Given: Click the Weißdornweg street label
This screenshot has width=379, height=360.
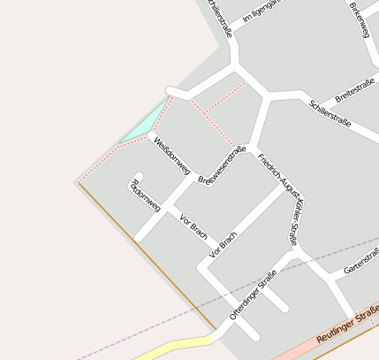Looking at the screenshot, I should [x=171, y=155].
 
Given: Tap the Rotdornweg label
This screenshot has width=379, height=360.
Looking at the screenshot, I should [x=145, y=195].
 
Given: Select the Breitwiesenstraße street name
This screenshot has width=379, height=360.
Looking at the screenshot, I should [x=222, y=165].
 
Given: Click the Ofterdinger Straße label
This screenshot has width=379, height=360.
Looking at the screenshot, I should [x=253, y=295].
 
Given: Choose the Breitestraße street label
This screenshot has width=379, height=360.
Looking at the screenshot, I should [x=355, y=89].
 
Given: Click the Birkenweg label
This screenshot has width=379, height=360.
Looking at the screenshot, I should [x=360, y=19].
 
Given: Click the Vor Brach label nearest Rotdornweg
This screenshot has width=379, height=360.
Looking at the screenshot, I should [x=193, y=226].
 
